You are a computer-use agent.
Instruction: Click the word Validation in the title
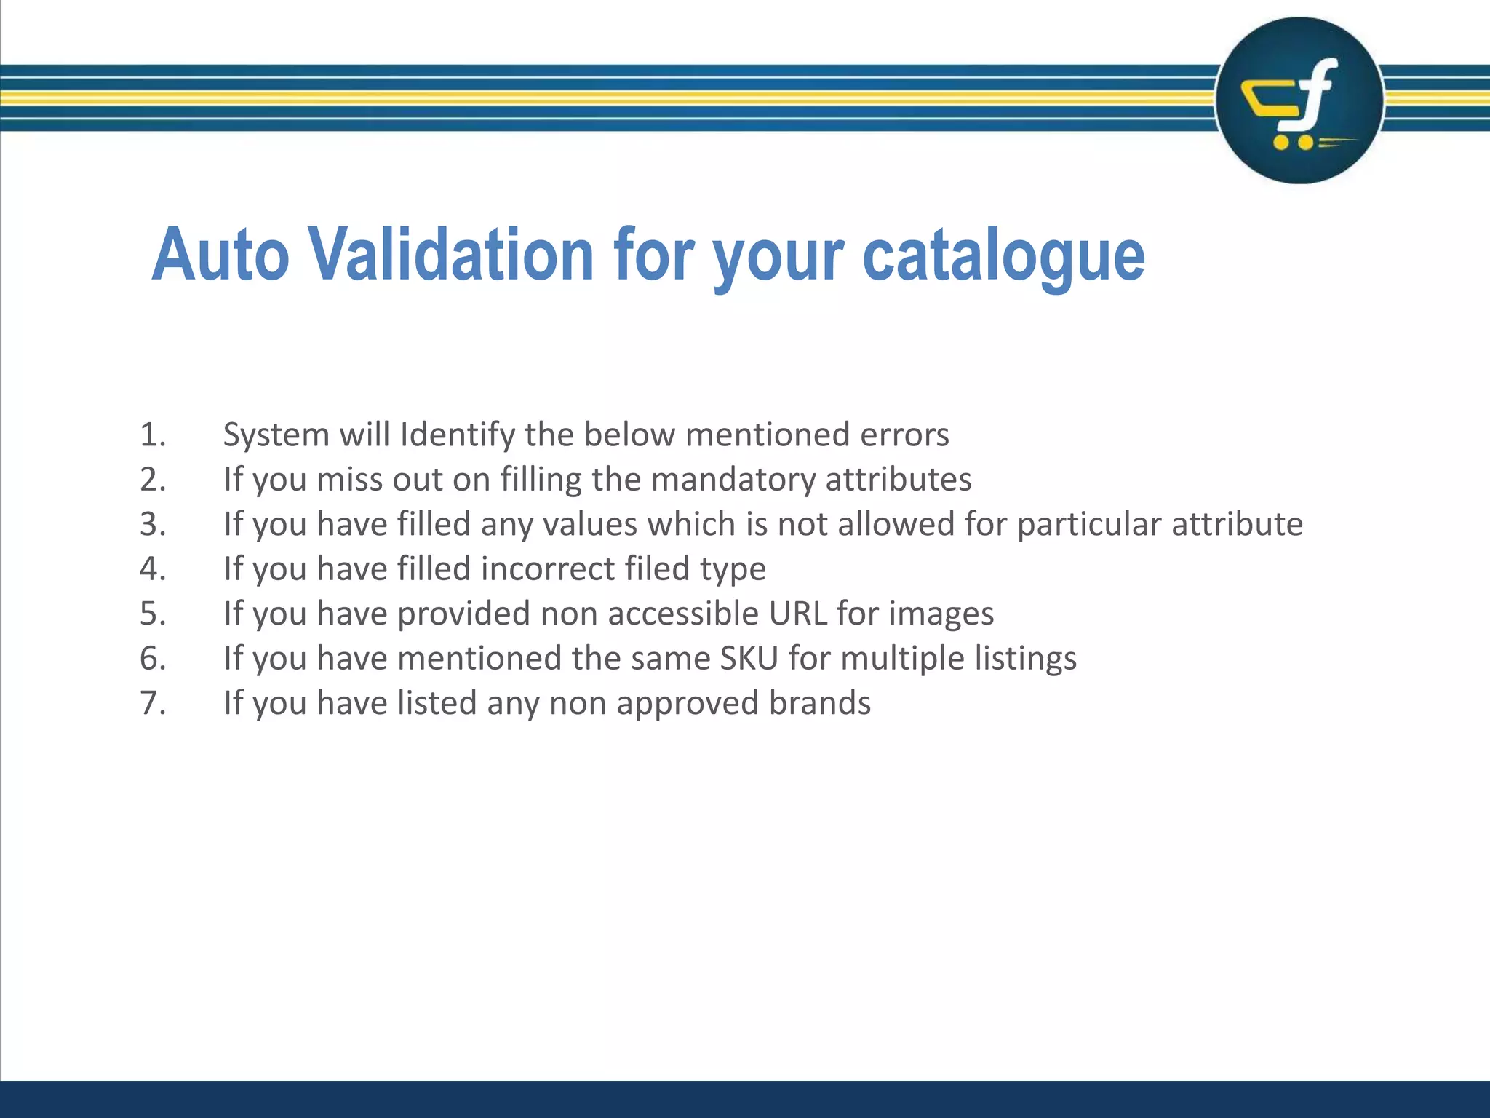(454, 254)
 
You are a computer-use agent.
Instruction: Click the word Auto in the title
(220, 254)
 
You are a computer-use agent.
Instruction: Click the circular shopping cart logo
(1299, 100)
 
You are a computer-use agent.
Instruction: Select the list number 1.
(153, 435)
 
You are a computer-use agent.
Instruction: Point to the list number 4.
(153, 568)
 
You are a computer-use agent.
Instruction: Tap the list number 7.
(153, 703)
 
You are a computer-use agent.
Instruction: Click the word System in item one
(276, 435)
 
